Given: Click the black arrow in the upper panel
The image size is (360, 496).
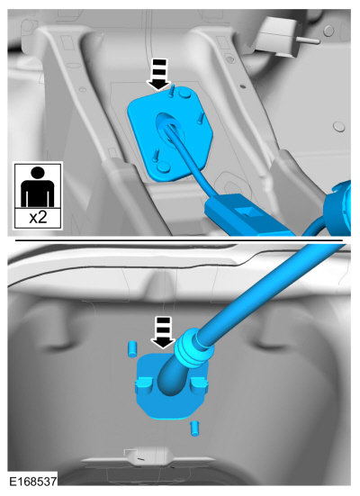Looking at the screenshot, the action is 161,76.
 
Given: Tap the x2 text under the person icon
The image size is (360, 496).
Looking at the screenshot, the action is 38,218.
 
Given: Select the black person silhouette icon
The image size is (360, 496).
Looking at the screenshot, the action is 38,186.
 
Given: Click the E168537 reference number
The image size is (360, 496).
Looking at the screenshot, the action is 32,482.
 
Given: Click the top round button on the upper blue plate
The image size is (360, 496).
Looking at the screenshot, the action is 184,94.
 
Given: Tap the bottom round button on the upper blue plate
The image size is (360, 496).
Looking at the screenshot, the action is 164,167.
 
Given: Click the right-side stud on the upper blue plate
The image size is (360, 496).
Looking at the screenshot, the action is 200,118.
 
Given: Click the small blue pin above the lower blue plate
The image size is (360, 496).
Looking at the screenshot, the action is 132,348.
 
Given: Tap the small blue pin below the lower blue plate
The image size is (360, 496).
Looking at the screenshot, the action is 194,428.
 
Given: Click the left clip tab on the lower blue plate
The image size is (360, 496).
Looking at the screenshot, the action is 144,384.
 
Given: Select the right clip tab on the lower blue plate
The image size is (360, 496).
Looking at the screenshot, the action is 200,384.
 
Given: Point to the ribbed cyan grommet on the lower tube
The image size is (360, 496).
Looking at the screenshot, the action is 192,348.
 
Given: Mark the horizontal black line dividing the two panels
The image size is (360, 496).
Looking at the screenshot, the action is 179,240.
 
